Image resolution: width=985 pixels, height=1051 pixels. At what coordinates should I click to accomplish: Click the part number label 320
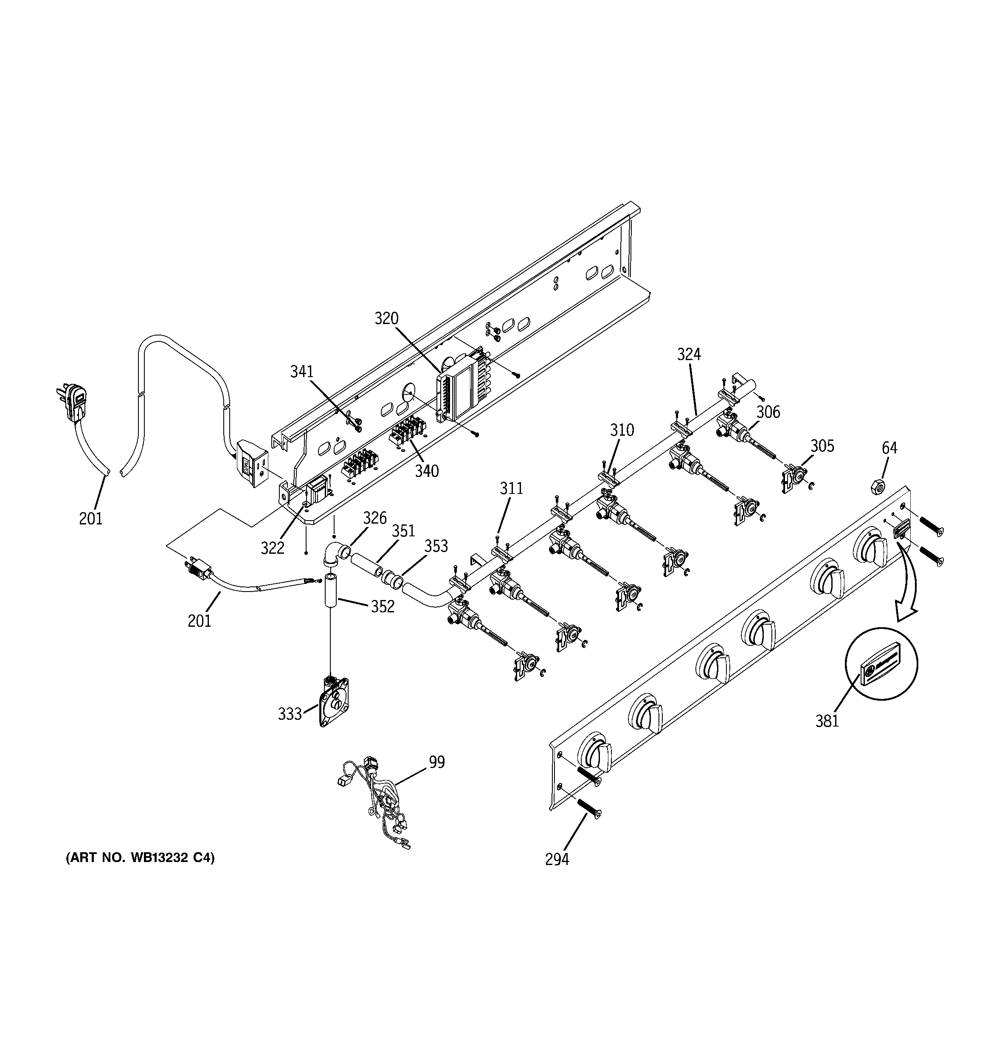[386, 319]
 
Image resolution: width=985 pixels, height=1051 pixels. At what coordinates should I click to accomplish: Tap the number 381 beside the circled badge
[827, 721]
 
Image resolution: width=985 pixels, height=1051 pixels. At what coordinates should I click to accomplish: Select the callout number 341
[302, 372]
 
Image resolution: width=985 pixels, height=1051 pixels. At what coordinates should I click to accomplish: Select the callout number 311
[511, 488]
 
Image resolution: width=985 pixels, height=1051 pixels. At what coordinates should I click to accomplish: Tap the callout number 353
[436, 546]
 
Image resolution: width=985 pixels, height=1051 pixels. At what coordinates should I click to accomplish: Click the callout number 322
[272, 548]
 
